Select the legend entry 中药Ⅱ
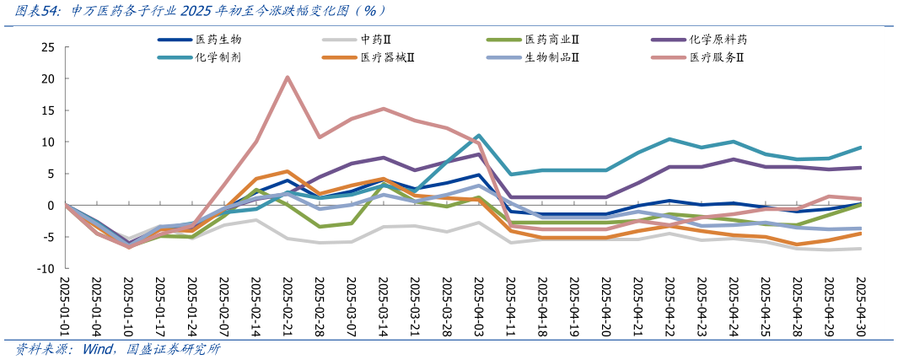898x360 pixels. pos(375,40)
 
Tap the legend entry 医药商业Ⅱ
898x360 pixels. pos(557,40)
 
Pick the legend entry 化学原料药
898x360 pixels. pos(718,40)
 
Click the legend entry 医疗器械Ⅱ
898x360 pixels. pos(392,57)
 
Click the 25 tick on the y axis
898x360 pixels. pos(48,47)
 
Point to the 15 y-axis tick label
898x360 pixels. pos(48,110)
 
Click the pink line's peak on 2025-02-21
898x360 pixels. pos(288,78)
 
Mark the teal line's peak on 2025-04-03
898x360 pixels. pos(478,136)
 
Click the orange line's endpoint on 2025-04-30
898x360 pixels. pos(859,233)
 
